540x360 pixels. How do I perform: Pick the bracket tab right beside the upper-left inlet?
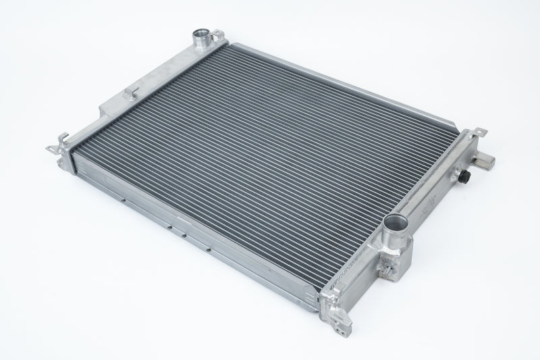click(x=220, y=33)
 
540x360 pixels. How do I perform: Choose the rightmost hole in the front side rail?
click(x=210, y=251)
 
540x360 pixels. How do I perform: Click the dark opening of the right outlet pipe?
click(x=395, y=222)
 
